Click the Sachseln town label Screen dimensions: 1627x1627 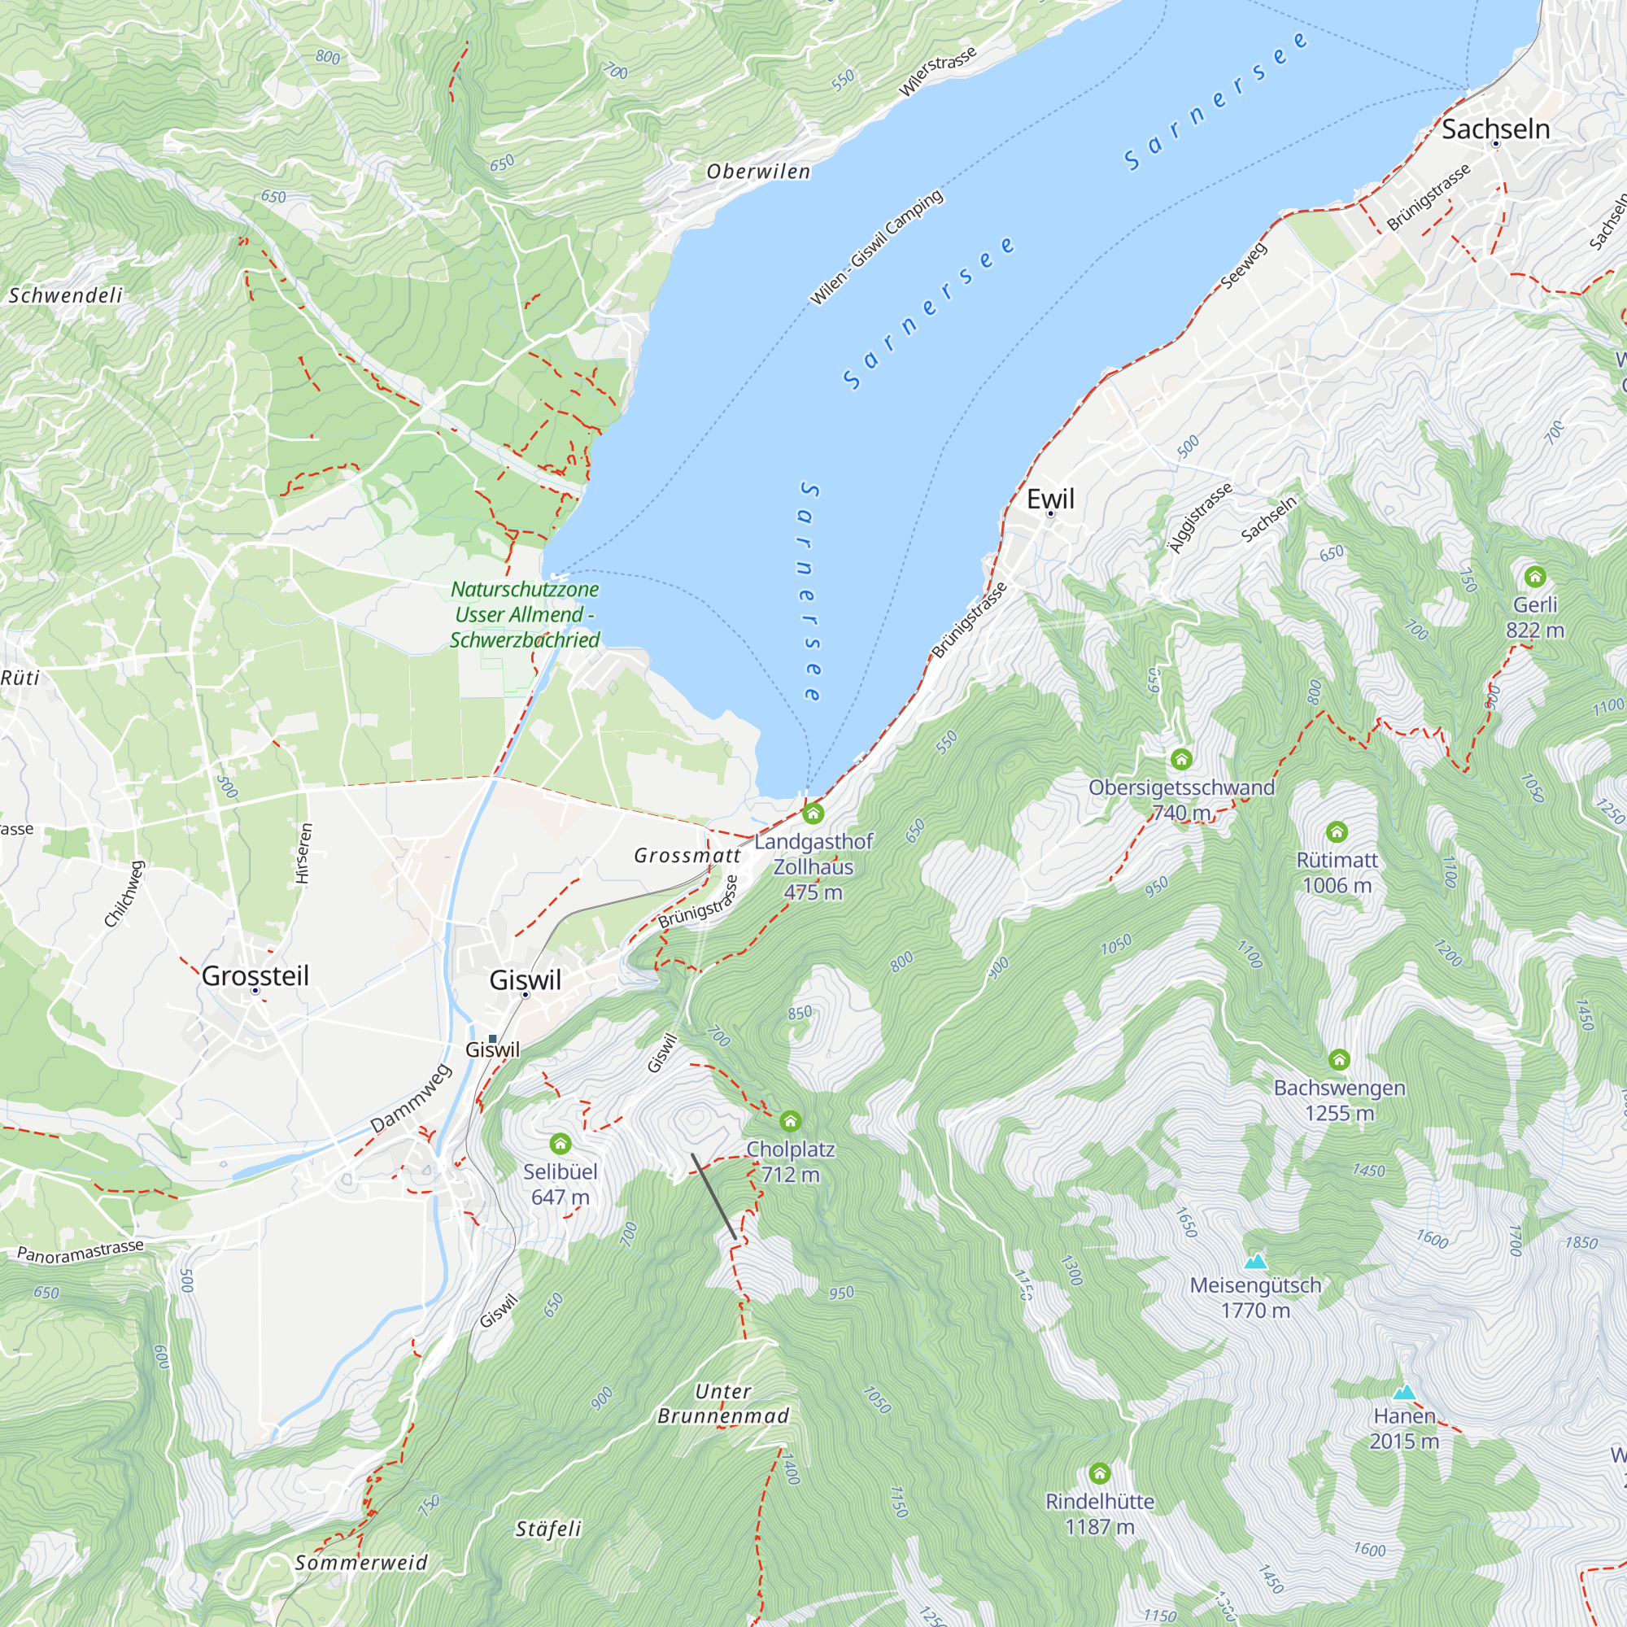coord(1496,129)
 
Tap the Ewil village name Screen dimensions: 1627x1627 coord(1050,499)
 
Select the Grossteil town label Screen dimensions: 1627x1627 coord(255,975)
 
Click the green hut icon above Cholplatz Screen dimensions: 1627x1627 coord(790,1121)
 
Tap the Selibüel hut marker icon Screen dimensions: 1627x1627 coord(560,1144)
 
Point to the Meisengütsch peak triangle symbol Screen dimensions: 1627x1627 coord(1255,1262)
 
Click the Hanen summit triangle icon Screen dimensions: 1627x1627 coord(1403,1392)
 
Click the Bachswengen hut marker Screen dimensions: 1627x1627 coord(1339,1059)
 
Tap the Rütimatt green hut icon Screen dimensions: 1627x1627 coord(1337,832)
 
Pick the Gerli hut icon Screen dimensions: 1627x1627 coord(1534,577)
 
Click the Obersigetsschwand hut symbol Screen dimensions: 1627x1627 coord(1181,760)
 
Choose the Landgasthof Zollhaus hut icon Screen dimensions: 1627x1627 coord(813,813)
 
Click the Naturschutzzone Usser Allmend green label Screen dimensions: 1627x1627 coord(525,615)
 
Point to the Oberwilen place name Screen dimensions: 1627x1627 coord(758,171)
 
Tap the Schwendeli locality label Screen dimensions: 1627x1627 coord(66,294)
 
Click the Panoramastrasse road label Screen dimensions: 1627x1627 coord(81,1251)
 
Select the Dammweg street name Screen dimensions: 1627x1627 coord(411,1098)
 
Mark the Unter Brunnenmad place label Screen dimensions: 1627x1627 coord(723,1404)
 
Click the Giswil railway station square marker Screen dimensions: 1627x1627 coord(493,1038)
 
